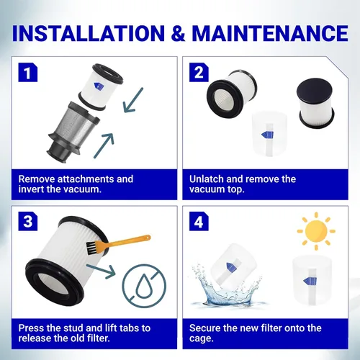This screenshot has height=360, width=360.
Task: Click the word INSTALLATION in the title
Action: [89, 33]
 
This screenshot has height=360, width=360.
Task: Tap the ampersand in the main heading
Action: [179, 33]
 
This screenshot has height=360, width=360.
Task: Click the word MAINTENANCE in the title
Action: [270, 33]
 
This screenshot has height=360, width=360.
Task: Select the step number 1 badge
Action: [28, 73]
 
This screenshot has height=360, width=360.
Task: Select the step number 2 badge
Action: [199, 73]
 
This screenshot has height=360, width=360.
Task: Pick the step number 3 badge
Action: [28, 221]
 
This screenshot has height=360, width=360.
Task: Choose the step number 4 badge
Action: [199, 221]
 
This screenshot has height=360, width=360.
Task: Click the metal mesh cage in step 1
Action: [73, 132]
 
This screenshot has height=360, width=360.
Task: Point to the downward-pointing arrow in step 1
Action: [132, 100]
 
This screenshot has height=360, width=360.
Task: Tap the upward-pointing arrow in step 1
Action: [104, 145]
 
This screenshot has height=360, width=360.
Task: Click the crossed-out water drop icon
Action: [144, 286]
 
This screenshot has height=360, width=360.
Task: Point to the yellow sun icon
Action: [316, 231]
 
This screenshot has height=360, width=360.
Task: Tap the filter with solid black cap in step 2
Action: [315, 103]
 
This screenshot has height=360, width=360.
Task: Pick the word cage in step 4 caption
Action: [201, 339]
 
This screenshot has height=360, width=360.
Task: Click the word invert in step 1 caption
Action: [31, 189]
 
